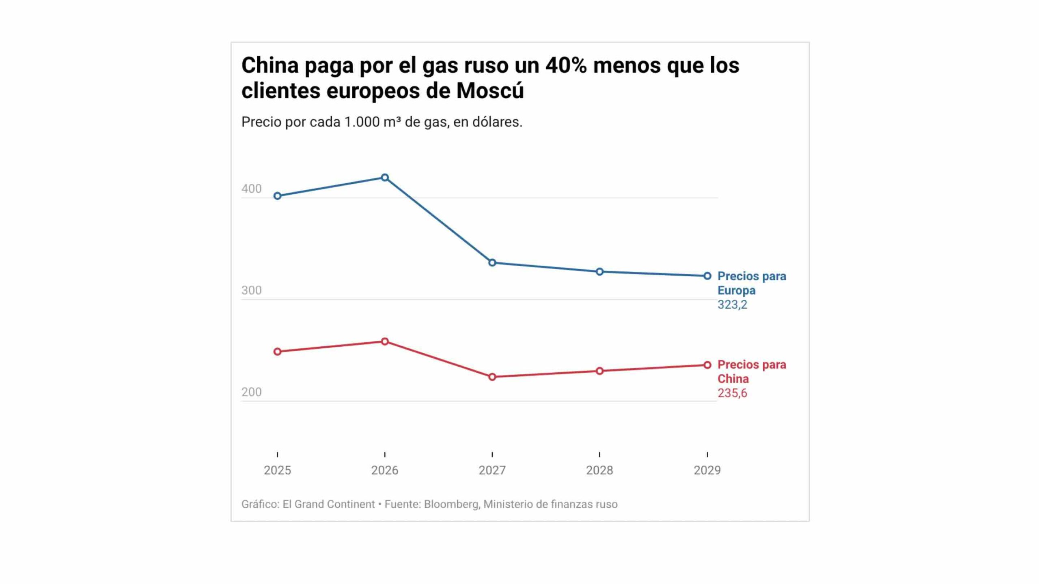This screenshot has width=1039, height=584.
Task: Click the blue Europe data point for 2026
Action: pyautogui.click(x=385, y=177)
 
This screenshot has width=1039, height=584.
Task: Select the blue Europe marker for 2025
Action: pyautogui.click(x=278, y=196)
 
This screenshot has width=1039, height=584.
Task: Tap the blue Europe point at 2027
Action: pyautogui.click(x=492, y=263)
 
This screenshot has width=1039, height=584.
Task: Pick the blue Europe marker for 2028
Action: pyautogui.click(x=599, y=272)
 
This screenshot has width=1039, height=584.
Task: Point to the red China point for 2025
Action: pyautogui.click(x=278, y=352)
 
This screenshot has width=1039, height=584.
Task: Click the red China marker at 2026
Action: pyautogui.click(x=385, y=341)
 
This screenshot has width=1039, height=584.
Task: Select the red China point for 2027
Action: pyautogui.click(x=492, y=377)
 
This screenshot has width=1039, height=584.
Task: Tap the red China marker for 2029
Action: pyautogui.click(x=707, y=365)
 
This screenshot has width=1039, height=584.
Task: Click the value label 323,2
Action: pyautogui.click(x=732, y=305)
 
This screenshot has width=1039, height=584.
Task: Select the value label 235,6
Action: pyautogui.click(x=732, y=393)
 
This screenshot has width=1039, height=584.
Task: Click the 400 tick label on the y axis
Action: pyautogui.click(x=252, y=189)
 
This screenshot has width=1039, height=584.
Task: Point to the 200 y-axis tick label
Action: pyautogui.click(x=252, y=392)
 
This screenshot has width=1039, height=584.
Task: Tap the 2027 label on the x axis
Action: pyautogui.click(x=492, y=470)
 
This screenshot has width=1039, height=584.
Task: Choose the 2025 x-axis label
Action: pyautogui.click(x=278, y=470)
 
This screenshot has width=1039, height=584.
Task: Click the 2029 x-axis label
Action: pyautogui.click(x=707, y=470)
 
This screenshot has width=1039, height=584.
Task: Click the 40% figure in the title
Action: pyautogui.click(x=566, y=65)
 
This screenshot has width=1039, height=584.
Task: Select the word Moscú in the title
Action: pyautogui.click(x=490, y=90)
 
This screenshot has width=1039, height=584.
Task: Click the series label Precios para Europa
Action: pyautogui.click(x=752, y=283)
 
